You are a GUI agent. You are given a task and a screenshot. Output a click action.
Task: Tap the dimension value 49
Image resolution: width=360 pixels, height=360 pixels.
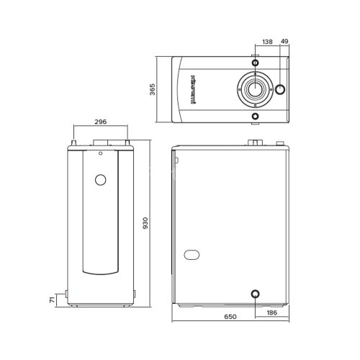pyautogui.click(x=284, y=42)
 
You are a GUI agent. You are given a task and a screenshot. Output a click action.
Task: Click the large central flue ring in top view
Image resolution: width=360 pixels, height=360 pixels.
pyautogui.click(x=254, y=90)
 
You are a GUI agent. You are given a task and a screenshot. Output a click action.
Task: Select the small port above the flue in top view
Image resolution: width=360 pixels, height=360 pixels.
pyautogui.click(x=254, y=63)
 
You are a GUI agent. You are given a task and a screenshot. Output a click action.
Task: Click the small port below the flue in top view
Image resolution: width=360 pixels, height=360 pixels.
pyautogui.click(x=254, y=116)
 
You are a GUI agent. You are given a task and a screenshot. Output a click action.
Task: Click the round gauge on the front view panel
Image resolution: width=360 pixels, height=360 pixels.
pyautogui.click(x=101, y=179)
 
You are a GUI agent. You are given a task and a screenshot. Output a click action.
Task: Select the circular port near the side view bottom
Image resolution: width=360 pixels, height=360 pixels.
pyautogui.click(x=253, y=294)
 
